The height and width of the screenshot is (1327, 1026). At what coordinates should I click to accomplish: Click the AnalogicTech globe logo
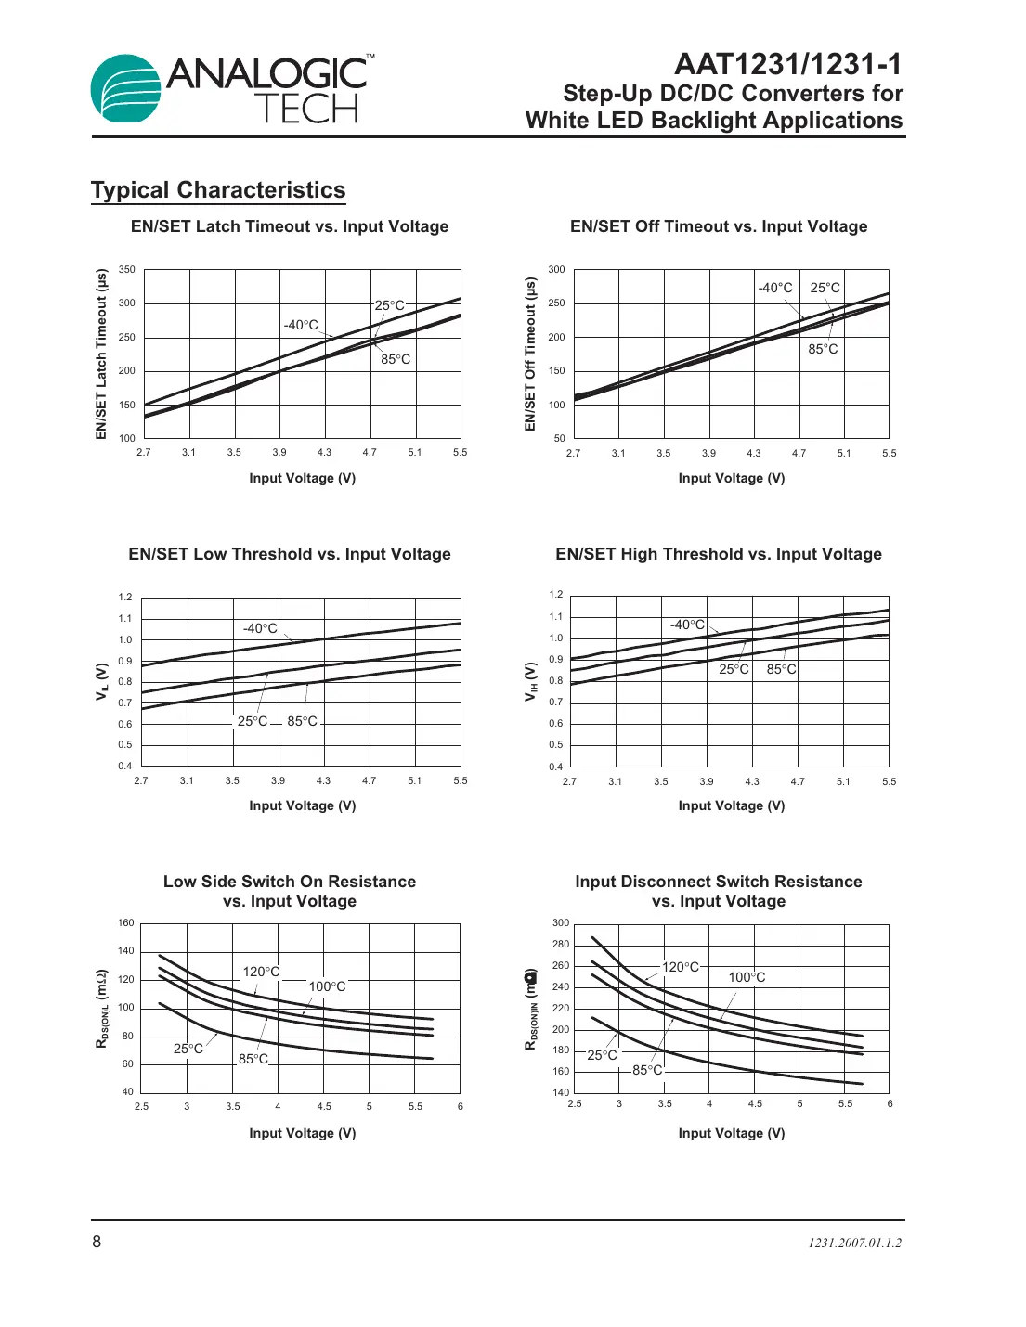[x=127, y=88]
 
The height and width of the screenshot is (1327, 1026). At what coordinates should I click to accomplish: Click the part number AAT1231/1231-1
[x=787, y=64]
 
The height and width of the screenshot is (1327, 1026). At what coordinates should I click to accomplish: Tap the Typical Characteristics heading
[x=218, y=190]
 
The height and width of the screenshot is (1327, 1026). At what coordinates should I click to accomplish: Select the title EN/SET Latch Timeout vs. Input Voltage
[x=290, y=226]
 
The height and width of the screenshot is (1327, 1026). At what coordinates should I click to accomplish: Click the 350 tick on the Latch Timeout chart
[x=127, y=270]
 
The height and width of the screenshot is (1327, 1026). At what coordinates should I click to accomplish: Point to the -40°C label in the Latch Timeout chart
[x=301, y=325]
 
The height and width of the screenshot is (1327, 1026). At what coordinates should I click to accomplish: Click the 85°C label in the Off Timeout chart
[x=823, y=349]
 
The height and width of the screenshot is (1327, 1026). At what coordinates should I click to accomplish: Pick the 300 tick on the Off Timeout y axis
[x=556, y=270]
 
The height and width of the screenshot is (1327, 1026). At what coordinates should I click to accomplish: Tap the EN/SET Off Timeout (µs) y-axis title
[x=530, y=354]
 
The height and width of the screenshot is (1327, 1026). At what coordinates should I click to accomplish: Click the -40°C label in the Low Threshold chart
[x=260, y=628]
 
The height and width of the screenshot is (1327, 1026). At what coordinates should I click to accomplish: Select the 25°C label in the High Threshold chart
[x=734, y=669]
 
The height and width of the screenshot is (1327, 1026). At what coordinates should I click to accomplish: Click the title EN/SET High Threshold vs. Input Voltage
[x=719, y=554]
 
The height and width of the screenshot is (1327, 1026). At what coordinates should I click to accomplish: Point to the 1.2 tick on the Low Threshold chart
[x=125, y=598]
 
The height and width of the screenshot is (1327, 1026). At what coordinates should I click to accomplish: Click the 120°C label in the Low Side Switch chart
[x=261, y=972]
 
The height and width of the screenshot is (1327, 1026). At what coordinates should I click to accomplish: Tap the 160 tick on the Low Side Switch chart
[x=126, y=923]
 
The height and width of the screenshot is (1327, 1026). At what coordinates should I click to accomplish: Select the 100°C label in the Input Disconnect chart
[x=747, y=977]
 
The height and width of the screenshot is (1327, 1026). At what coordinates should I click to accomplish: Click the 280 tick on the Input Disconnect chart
[x=561, y=945]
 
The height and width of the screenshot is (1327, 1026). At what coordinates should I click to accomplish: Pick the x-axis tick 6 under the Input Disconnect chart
[x=890, y=1103]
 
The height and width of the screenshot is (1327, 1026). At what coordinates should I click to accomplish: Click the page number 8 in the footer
[x=97, y=1242]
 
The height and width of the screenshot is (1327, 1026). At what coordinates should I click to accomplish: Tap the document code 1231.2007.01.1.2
[x=854, y=1243]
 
